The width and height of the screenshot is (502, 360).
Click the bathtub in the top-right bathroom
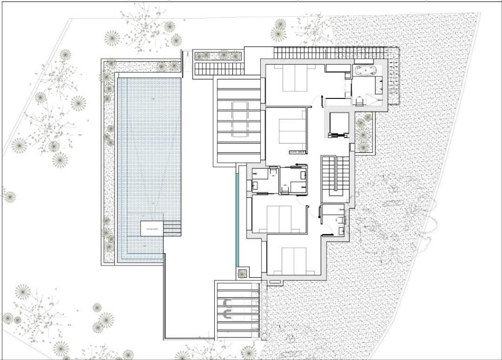pyautogui.click(x=365, y=71)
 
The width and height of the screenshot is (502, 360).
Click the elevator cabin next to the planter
pyautogui.click(x=338, y=123)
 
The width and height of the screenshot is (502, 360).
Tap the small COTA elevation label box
pyautogui.click(x=298, y=152)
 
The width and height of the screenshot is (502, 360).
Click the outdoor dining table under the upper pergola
pyautogui.click(x=240, y=119)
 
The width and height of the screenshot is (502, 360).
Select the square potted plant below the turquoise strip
pyautogui.click(x=241, y=273)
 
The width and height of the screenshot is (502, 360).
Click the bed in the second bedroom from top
pyautogui.click(x=292, y=131)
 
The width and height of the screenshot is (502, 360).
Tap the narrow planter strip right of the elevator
pyautogui.click(x=363, y=132)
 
